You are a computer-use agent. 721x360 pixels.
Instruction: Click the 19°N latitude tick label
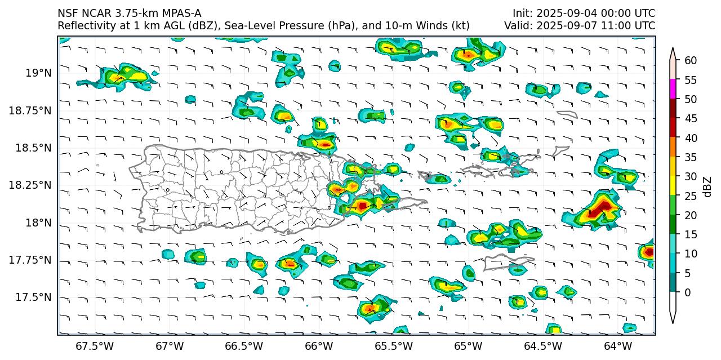tap(39, 73)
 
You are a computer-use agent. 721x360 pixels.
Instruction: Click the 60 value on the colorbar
tap(691, 61)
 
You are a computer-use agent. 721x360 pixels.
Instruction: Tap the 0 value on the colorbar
tap(687, 292)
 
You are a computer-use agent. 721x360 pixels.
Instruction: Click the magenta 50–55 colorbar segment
tap(673, 89)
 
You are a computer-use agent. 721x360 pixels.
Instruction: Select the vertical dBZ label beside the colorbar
tap(707, 186)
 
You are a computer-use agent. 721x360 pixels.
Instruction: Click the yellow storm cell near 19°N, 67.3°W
tap(121, 77)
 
